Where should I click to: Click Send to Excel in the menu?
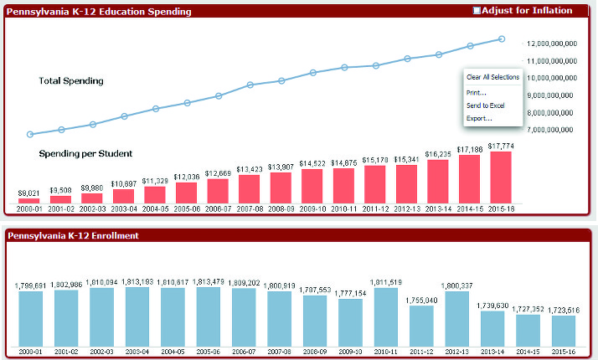click(485, 105)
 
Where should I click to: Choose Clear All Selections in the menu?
click(492, 77)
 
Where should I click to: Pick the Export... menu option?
click(479, 119)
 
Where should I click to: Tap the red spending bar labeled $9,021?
click(28, 201)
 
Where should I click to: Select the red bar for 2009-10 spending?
click(312, 186)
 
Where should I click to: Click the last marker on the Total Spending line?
click(502, 39)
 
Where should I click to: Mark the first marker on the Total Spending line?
click(30, 134)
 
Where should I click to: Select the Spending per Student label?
click(85, 154)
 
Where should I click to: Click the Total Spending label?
click(71, 81)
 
